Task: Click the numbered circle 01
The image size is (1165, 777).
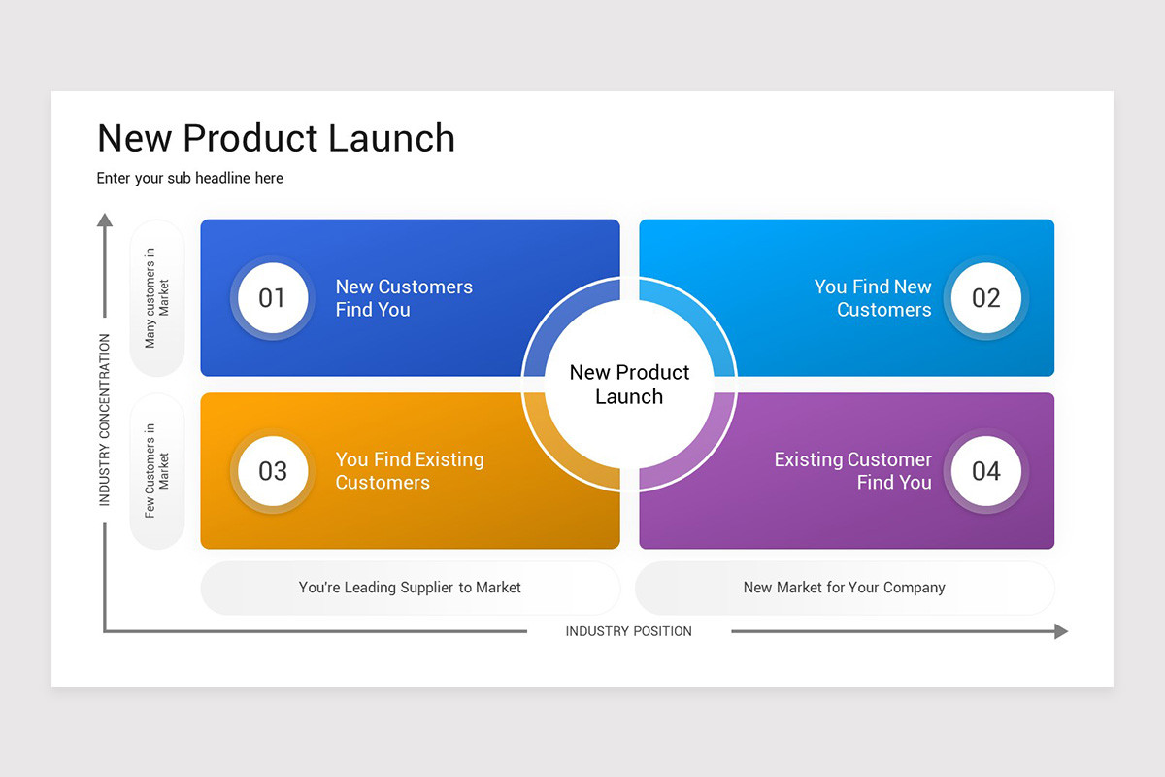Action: click(x=272, y=298)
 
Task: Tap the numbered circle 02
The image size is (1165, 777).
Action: click(x=985, y=298)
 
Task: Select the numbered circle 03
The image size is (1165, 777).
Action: click(x=272, y=471)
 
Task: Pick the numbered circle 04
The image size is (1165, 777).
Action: click(x=985, y=471)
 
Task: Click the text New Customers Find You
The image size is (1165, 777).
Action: click(x=404, y=298)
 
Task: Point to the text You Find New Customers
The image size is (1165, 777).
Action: click(x=872, y=298)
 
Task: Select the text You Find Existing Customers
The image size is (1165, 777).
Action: click(x=409, y=471)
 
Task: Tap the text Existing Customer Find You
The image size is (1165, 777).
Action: click(x=852, y=471)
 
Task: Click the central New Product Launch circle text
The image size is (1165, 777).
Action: click(x=629, y=385)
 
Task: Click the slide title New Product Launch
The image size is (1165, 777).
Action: click(x=276, y=138)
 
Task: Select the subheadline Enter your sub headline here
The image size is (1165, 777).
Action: click(x=190, y=178)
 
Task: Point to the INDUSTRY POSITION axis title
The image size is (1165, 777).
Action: click(x=628, y=631)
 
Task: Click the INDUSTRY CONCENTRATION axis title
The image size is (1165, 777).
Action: click(x=105, y=420)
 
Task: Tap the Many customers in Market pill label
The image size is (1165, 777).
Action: click(x=156, y=298)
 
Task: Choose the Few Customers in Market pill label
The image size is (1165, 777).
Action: click(x=156, y=471)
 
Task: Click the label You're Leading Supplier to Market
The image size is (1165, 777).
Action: click(x=410, y=588)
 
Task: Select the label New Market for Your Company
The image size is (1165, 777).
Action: click(x=844, y=588)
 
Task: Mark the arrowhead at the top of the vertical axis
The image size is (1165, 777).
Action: click(x=105, y=220)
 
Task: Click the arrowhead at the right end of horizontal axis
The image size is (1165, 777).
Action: click(x=1060, y=631)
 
